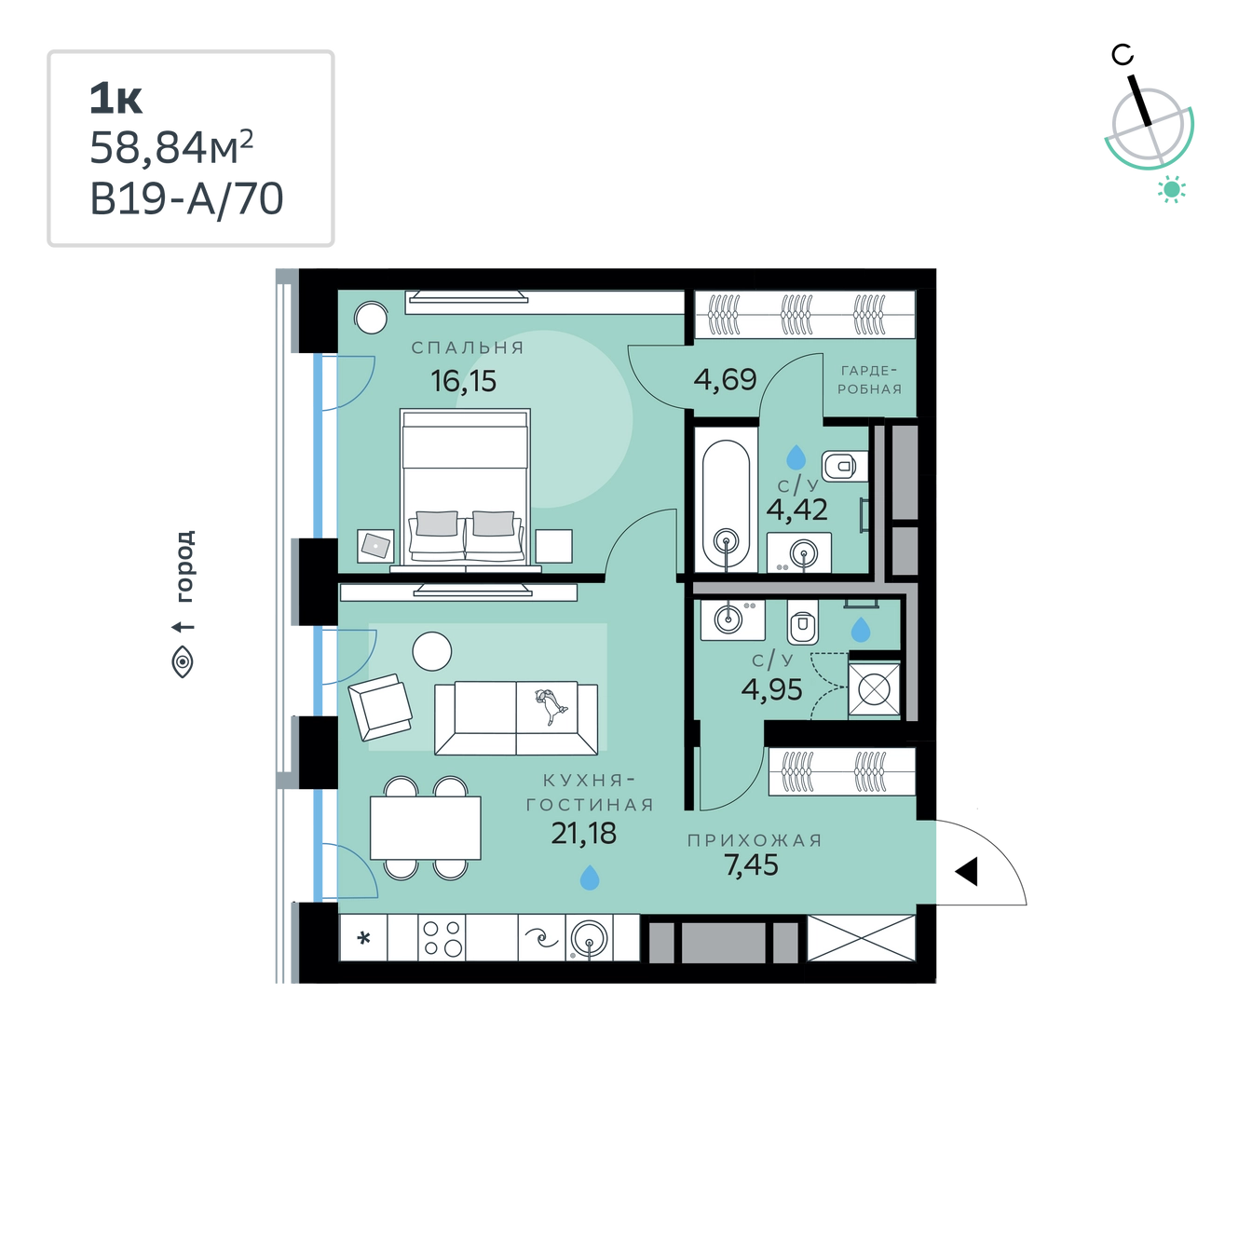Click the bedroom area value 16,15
point(463,381)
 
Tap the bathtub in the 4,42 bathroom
point(726,499)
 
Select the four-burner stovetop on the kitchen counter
point(442,937)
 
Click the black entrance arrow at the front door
point(967,872)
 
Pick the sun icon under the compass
point(1172,190)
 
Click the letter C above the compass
point(1123,55)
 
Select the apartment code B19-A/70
point(186,198)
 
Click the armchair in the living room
point(380,707)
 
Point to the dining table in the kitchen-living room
point(426,828)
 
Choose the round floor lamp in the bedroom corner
point(371,319)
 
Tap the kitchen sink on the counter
point(589,938)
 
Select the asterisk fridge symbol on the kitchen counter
point(364,938)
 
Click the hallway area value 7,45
point(751,865)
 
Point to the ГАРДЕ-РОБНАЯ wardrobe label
point(869,380)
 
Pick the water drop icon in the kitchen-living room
point(590,878)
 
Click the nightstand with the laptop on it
point(375,546)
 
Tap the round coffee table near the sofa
point(432,651)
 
